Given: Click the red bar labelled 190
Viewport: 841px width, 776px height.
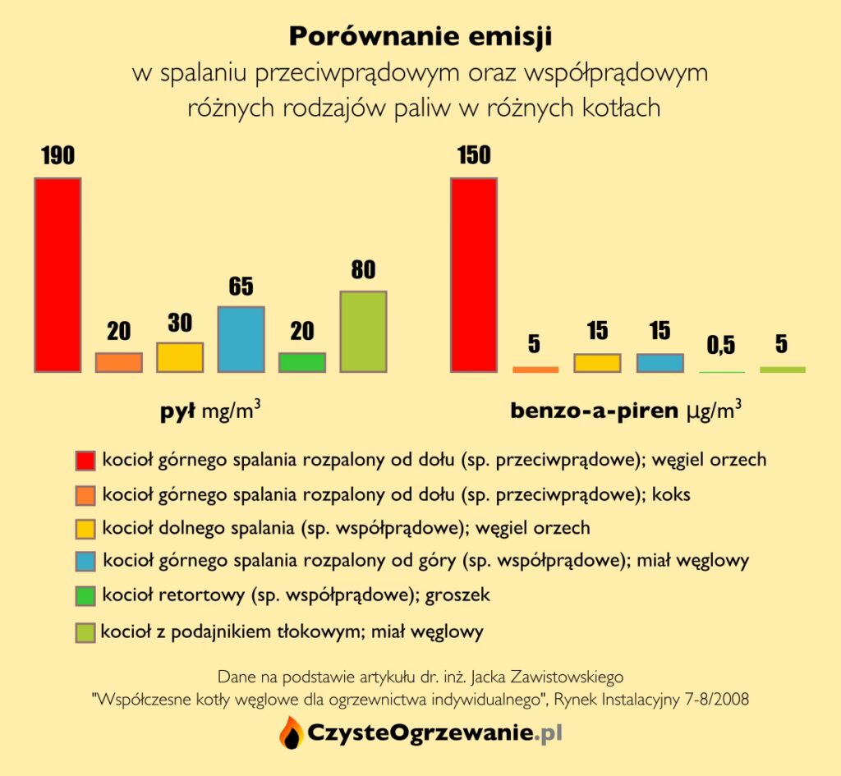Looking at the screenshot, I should point(57,274).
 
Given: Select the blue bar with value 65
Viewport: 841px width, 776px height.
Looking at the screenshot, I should point(241,339).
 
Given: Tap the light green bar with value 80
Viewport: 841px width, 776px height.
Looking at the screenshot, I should point(363,332).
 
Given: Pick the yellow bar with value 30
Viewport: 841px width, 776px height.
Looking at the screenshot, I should point(180,357).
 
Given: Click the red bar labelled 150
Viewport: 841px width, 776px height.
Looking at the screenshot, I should point(474,274).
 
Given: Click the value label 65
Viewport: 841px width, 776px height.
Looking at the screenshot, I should point(241,287).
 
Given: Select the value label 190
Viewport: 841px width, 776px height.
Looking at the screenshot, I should point(57,156).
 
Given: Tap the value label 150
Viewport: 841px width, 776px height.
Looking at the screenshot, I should point(474,156).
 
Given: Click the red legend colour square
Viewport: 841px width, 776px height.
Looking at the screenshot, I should point(85,461).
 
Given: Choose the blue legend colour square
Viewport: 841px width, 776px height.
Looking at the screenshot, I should point(85,562).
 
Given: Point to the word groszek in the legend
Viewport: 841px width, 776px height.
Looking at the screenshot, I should point(457,595).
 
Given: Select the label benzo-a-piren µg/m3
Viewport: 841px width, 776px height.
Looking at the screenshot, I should point(626,410).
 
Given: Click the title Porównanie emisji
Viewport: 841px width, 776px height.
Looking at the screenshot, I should point(420,36).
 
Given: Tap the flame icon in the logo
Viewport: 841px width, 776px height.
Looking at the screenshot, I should point(290,732).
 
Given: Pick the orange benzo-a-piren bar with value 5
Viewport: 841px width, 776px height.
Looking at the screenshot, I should point(535,370).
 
